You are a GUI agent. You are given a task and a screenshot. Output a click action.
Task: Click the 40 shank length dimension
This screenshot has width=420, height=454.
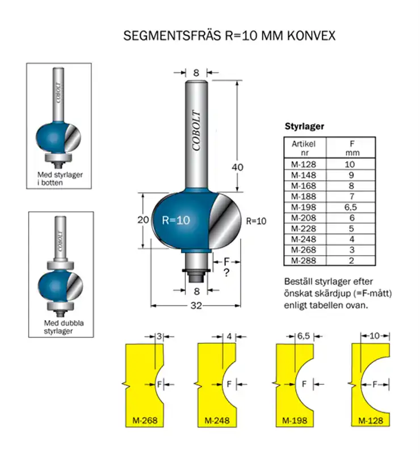[x=238, y=167]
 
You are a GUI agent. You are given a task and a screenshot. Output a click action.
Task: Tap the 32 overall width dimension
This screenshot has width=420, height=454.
[x=196, y=305]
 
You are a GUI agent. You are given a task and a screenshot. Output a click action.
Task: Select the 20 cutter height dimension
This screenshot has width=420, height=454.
[x=143, y=220]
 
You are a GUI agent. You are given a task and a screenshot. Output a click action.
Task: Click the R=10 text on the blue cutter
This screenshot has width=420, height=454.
[x=176, y=221]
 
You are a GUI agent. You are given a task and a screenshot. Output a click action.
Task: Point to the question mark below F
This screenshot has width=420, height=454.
[x=225, y=274]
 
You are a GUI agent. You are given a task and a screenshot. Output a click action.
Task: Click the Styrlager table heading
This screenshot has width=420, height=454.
[x=304, y=127]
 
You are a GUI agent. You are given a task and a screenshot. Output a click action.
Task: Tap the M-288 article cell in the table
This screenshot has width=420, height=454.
[x=304, y=260]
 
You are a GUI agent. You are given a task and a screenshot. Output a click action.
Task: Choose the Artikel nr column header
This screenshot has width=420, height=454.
[x=304, y=148]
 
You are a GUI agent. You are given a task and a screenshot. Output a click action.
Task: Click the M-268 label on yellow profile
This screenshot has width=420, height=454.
[x=144, y=421]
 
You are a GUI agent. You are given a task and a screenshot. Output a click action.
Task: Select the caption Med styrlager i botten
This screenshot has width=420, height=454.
[x=60, y=179]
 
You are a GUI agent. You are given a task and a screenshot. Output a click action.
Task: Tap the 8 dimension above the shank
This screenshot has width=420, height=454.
[x=196, y=73]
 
